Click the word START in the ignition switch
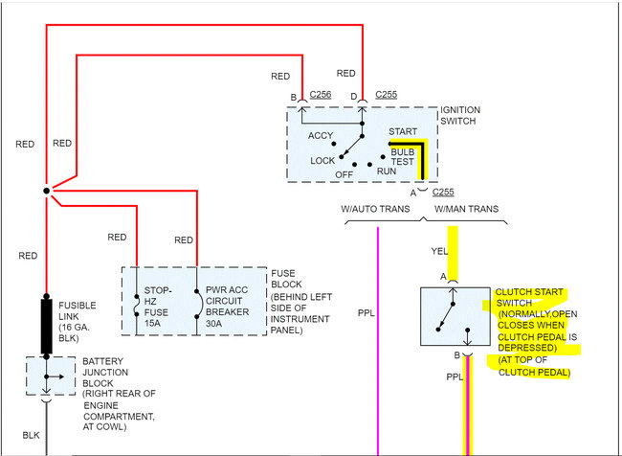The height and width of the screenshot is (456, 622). click(x=402, y=130)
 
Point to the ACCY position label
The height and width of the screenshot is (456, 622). click(x=321, y=136)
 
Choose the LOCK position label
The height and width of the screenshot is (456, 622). click(x=323, y=161)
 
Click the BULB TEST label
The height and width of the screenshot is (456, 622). click(x=402, y=157)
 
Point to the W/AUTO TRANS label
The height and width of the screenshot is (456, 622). click(x=375, y=208)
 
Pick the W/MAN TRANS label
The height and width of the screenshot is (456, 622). click(x=466, y=208)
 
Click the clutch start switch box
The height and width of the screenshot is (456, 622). click(x=455, y=315)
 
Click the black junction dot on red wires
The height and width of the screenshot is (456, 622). click(x=46, y=192)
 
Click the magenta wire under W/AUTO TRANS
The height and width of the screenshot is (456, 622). click(x=378, y=335)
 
